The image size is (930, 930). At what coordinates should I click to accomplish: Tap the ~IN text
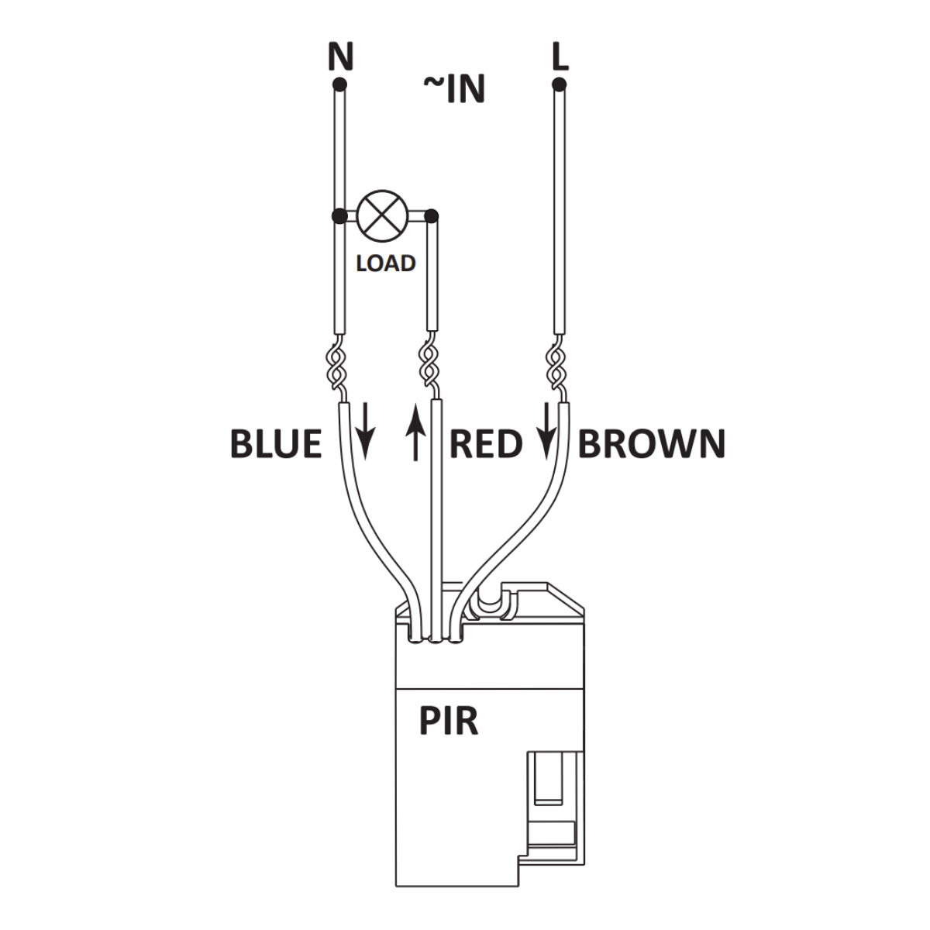pos(454,89)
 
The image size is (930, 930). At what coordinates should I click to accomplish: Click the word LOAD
pos(386,263)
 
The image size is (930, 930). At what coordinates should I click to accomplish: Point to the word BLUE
pos(276,444)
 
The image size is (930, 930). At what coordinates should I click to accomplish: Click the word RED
pos(486,444)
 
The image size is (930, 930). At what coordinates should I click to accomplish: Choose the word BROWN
pos(652,444)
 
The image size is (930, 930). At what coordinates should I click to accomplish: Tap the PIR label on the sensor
pos(449,721)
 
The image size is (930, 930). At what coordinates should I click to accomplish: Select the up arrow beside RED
pos(417,436)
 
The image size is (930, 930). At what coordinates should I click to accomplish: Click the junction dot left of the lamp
pos(338,215)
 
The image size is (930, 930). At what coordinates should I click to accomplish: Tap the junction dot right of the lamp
pos(432,215)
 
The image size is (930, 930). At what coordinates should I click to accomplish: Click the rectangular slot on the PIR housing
pos(551,779)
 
